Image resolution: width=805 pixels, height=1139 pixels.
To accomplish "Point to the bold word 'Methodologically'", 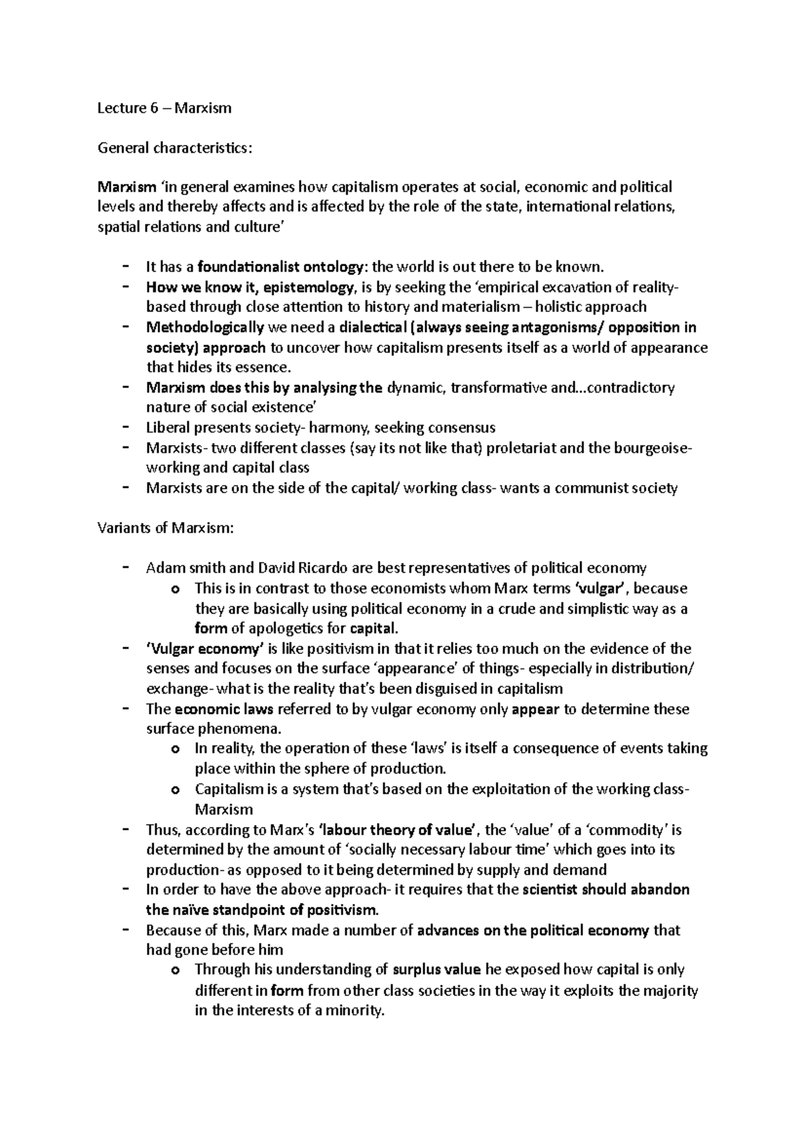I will point(205,327).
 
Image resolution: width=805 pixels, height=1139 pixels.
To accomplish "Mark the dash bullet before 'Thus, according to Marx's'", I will point(126,829).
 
